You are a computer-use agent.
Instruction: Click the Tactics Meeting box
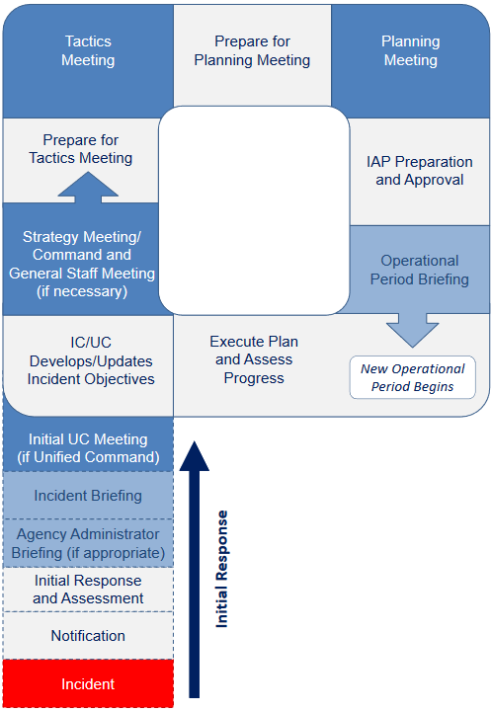[x=88, y=51]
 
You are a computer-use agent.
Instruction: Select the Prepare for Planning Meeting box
[x=252, y=51]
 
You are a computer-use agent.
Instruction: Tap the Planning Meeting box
[x=410, y=51]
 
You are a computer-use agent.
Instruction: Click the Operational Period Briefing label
[x=419, y=270]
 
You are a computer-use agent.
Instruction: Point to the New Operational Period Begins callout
[x=412, y=378]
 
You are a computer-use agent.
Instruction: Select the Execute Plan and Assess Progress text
[x=254, y=359]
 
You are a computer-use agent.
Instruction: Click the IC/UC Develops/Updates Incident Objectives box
[x=88, y=359]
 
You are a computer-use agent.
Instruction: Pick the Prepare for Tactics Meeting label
[x=88, y=149]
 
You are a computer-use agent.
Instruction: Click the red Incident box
[x=88, y=684]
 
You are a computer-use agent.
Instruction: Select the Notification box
[x=88, y=636]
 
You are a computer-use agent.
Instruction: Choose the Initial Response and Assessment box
[x=88, y=590]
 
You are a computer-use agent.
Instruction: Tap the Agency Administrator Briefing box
[x=88, y=543]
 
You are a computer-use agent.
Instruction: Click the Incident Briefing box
[x=88, y=496]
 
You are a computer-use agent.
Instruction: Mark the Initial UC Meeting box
[x=88, y=447]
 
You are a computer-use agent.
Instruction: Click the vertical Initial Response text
[x=222, y=568]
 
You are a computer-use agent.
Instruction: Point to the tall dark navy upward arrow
[x=195, y=573]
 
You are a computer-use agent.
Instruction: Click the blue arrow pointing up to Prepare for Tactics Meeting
[x=88, y=188]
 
